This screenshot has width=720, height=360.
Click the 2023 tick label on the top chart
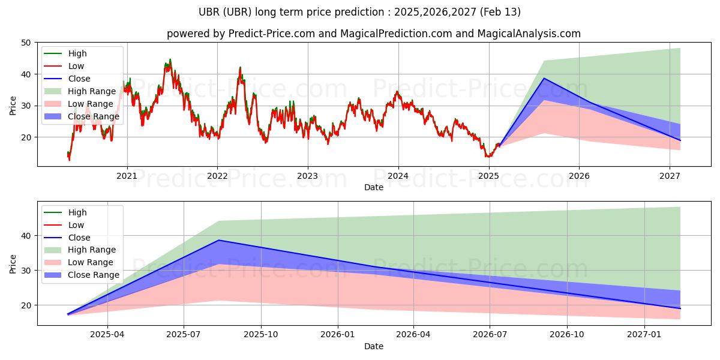pos(307,176)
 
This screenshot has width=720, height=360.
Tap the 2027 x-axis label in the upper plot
pos(670,176)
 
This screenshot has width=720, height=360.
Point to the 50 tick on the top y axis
pos(26,43)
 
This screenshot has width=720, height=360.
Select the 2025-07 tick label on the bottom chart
pos(184,335)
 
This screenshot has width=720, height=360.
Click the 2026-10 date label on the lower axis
pos(567,335)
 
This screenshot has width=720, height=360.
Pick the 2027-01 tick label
pos(644,335)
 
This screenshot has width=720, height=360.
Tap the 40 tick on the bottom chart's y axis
pos(26,236)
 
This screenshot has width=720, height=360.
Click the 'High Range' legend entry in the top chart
pos(92,91)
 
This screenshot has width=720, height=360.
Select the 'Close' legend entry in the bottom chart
pos(79,238)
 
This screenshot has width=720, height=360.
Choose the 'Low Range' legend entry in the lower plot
pos(91,262)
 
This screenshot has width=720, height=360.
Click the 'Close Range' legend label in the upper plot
pos(94,116)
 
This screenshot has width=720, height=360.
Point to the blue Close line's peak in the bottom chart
pos(218,240)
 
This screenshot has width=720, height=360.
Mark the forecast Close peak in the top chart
pos(544,78)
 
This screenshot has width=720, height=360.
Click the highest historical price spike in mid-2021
pos(170,60)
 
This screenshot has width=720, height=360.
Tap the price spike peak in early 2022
pos(240,67)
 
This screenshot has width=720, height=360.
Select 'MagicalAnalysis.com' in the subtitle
pos(529,34)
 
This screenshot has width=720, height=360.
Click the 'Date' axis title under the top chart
pos(373,187)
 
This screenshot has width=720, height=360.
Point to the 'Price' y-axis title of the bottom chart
pos(13,264)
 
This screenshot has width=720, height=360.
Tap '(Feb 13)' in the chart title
pos(500,12)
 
